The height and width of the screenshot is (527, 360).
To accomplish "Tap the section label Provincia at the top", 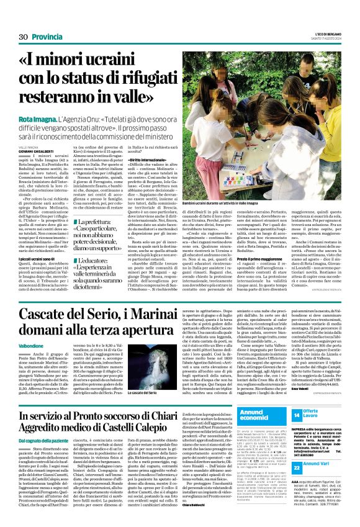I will tap(48, 37).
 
